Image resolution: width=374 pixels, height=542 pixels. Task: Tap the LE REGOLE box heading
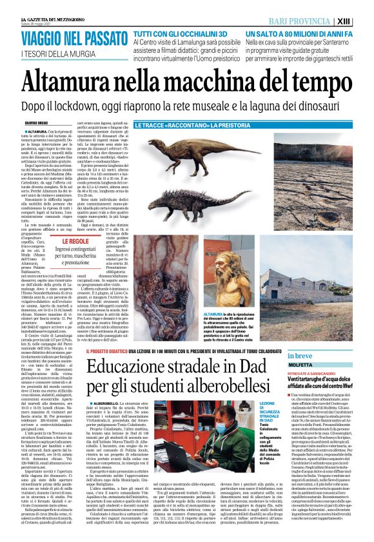(79, 241)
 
